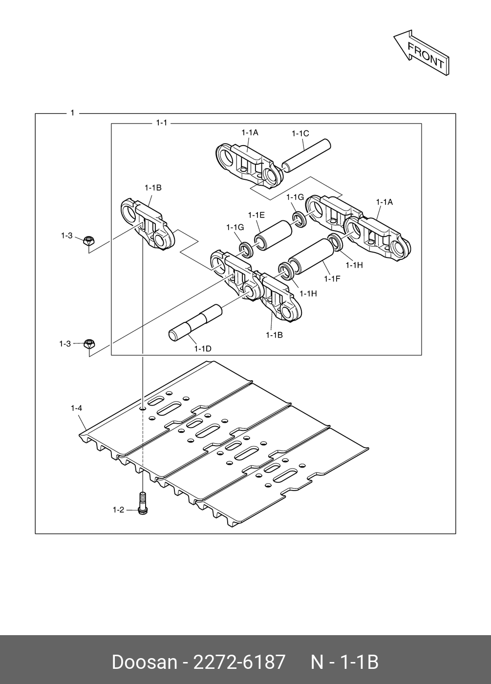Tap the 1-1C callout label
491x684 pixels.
pos(300,133)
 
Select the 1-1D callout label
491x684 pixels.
pos(202,348)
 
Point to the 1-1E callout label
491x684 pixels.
pos(256,215)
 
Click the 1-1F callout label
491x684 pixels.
pos(332,278)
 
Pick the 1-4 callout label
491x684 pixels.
pos(76,407)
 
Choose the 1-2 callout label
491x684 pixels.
pos(118,510)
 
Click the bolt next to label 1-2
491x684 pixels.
pos(143,503)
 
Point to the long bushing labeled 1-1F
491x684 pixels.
pos(310,256)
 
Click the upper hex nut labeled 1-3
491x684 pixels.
pos(88,240)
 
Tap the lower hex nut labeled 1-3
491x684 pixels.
pos(89,343)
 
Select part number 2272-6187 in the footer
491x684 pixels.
pos(239,662)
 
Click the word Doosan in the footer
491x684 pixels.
pos(144,662)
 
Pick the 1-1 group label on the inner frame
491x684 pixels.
pos(161,123)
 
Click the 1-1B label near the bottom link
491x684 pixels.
pos(274,335)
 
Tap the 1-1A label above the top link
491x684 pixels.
pos(250,132)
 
